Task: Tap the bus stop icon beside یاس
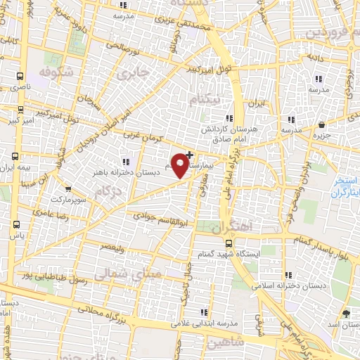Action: point(15,224)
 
